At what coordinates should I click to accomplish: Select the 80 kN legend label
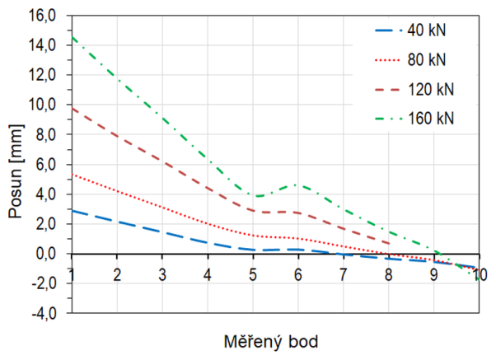point(427,60)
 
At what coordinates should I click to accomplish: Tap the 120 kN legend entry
point(429,88)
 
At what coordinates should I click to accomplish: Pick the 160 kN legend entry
point(429,117)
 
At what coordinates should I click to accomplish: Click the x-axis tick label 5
point(252,274)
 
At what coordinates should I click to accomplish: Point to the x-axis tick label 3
point(162,274)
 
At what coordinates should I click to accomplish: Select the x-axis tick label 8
point(388,274)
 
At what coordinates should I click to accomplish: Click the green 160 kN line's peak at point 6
point(297,185)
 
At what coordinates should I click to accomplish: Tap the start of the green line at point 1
point(73,37)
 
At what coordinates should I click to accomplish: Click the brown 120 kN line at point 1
point(73,108)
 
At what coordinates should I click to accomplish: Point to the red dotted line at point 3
point(162,208)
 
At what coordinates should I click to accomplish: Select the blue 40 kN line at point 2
point(117,222)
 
